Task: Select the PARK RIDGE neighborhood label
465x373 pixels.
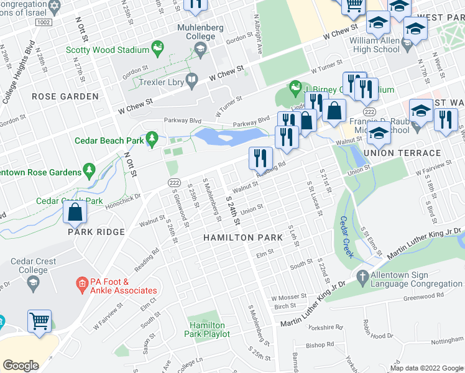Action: (x=97, y=232)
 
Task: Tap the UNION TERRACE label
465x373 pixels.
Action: (x=402, y=153)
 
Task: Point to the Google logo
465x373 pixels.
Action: (x=21, y=365)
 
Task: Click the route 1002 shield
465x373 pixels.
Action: (x=42, y=22)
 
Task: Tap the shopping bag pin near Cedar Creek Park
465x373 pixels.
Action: (x=75, y=213)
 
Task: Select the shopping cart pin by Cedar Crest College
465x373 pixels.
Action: (x=39, y=322)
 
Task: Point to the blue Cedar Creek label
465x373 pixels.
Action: (x=347, y=236)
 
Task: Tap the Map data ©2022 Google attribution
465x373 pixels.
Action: (x=426, y=367)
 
